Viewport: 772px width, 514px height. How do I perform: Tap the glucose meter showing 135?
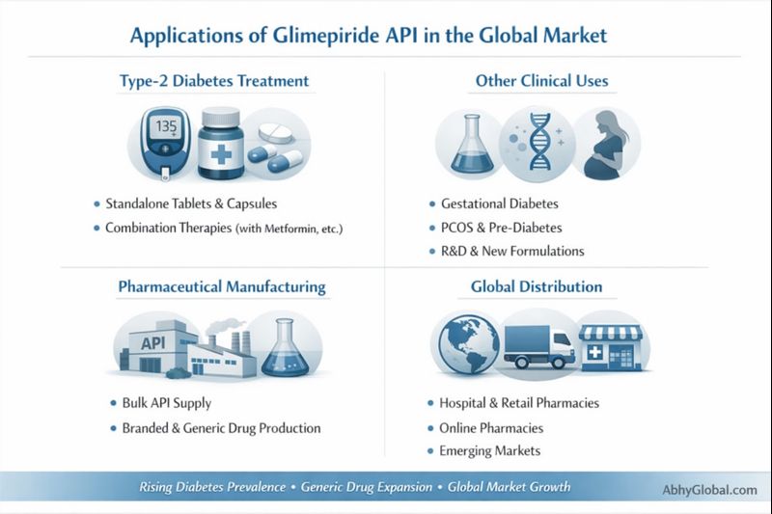pyautogui.click(x=161, y=140)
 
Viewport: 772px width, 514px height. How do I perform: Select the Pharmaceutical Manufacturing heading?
pyautogui.click(x=221, y=286)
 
